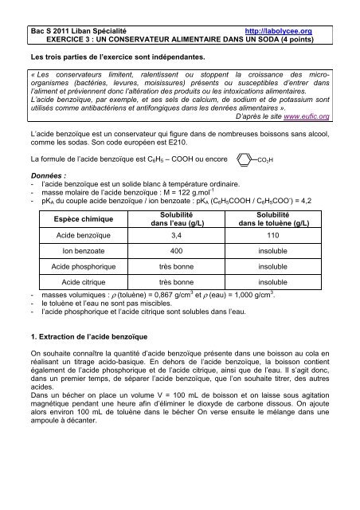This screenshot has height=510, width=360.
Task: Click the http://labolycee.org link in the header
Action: coord(282,29)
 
